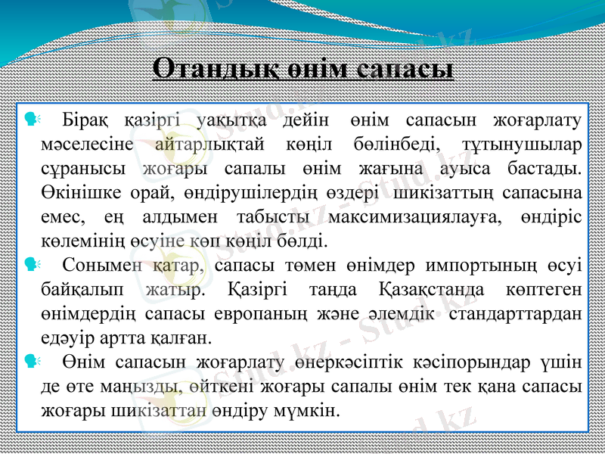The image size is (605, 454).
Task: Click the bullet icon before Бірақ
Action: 31,119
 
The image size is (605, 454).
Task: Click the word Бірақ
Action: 85,120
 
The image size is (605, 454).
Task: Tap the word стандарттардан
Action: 515,313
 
